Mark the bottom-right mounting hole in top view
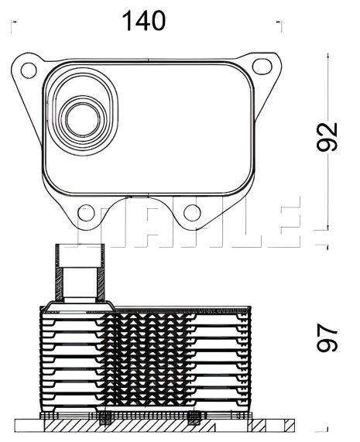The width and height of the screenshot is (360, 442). pos(190,212)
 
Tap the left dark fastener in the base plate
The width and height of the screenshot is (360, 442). pos(103,420)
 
